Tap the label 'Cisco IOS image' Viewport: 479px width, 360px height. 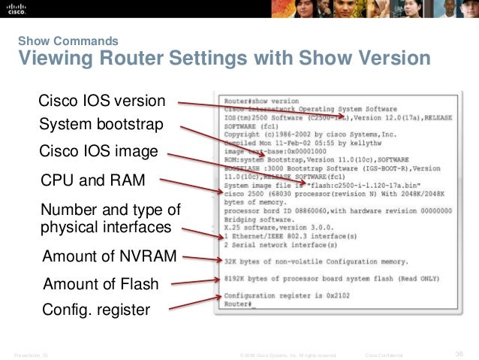point(98,153)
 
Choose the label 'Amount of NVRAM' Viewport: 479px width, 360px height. point(110,259)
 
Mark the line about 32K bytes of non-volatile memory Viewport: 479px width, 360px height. point(315,262)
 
